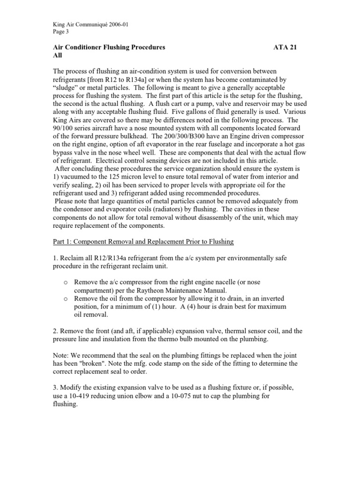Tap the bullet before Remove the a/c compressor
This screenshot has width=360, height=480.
pyautogui.click(x=66, y=282)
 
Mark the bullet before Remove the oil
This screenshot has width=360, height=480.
pyautogui.click(x=66, y=299)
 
